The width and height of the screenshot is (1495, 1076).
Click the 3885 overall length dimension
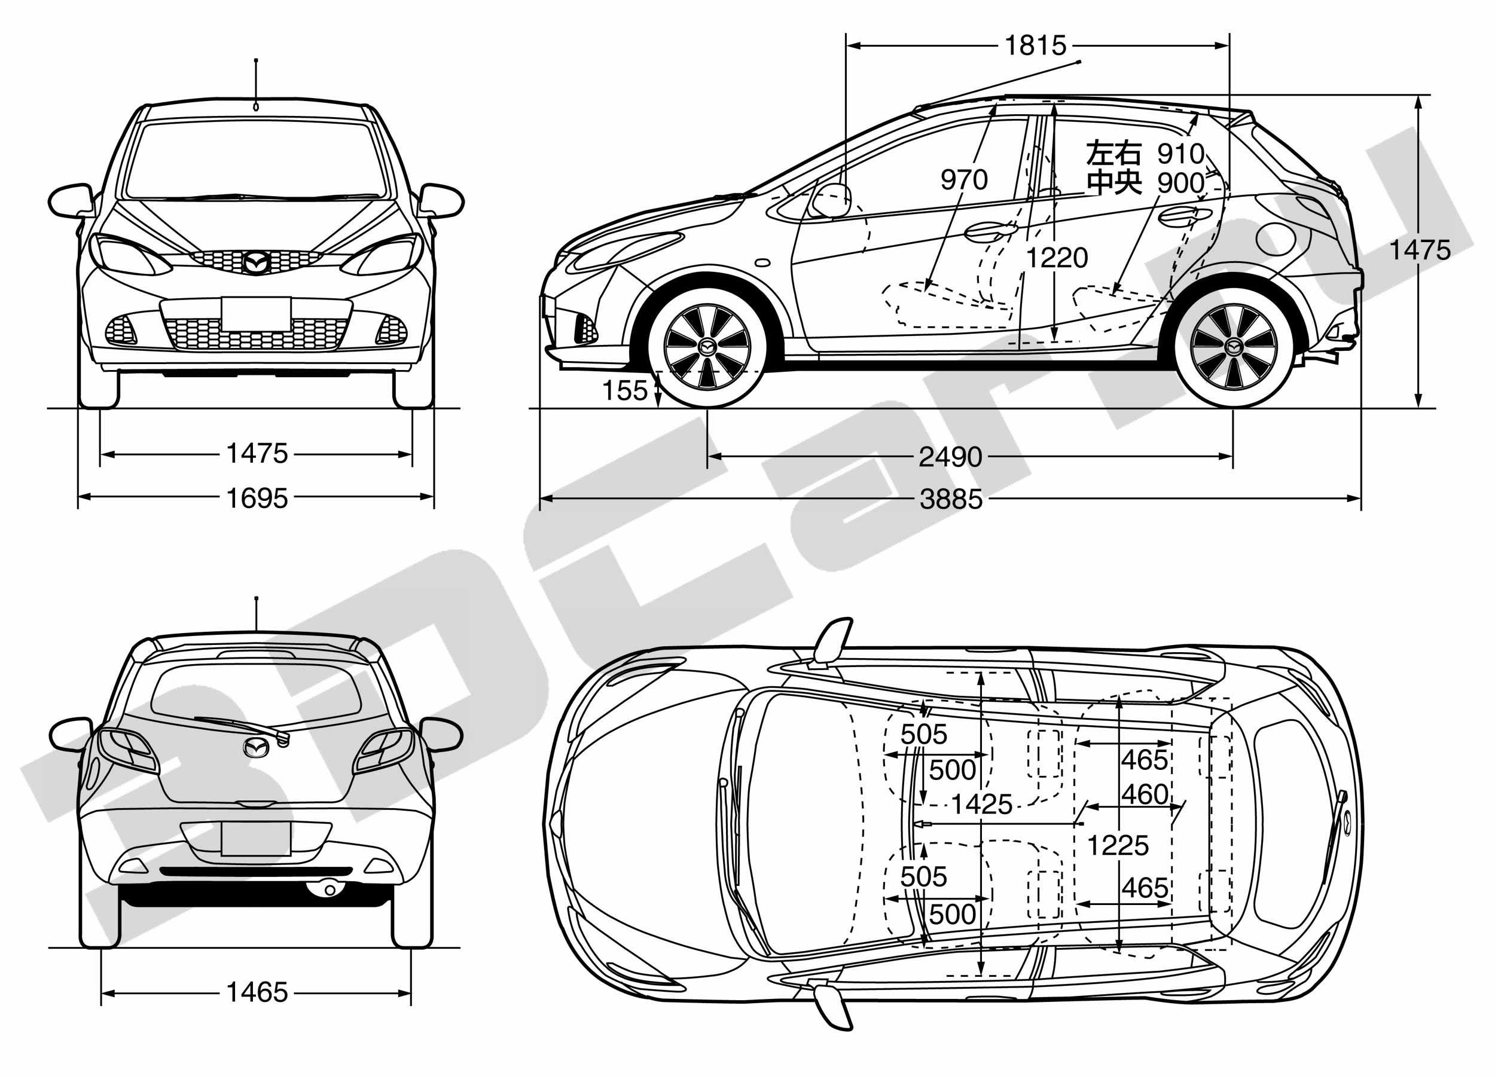(x=951, y=500)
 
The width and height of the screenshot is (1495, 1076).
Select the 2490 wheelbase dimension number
(x=951, y=457)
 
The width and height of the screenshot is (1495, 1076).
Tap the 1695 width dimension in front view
(x=257, y=498)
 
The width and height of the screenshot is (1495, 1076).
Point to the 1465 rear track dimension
(x=257, y=992)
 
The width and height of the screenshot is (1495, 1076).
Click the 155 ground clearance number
(x=625, y=391)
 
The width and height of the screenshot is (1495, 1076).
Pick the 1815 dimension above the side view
(x=1036, y=45)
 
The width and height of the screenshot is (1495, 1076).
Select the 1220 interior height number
(x=1057, y=258)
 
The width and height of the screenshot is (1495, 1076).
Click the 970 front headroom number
(x=964, y=179)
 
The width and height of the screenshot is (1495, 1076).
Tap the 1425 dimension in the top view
(x=981, y=805)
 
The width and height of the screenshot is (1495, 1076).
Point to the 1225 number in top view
(x=1117, y=845)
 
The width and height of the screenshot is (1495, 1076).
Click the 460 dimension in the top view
(x=1145, y=794)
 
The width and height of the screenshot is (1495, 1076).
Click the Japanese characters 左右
(x=1113, y=153)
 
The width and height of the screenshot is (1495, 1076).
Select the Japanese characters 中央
(x=1113, y=182)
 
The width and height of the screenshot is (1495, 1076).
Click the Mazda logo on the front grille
(x=256, y=262)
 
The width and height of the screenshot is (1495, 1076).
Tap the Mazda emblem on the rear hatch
(x=256, y=747)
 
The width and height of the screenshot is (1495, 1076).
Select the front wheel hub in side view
(x=707, y=347)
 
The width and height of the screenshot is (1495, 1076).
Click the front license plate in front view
(x=256, y=314)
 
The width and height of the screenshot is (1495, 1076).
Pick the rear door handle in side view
(x=1185, y=215)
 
